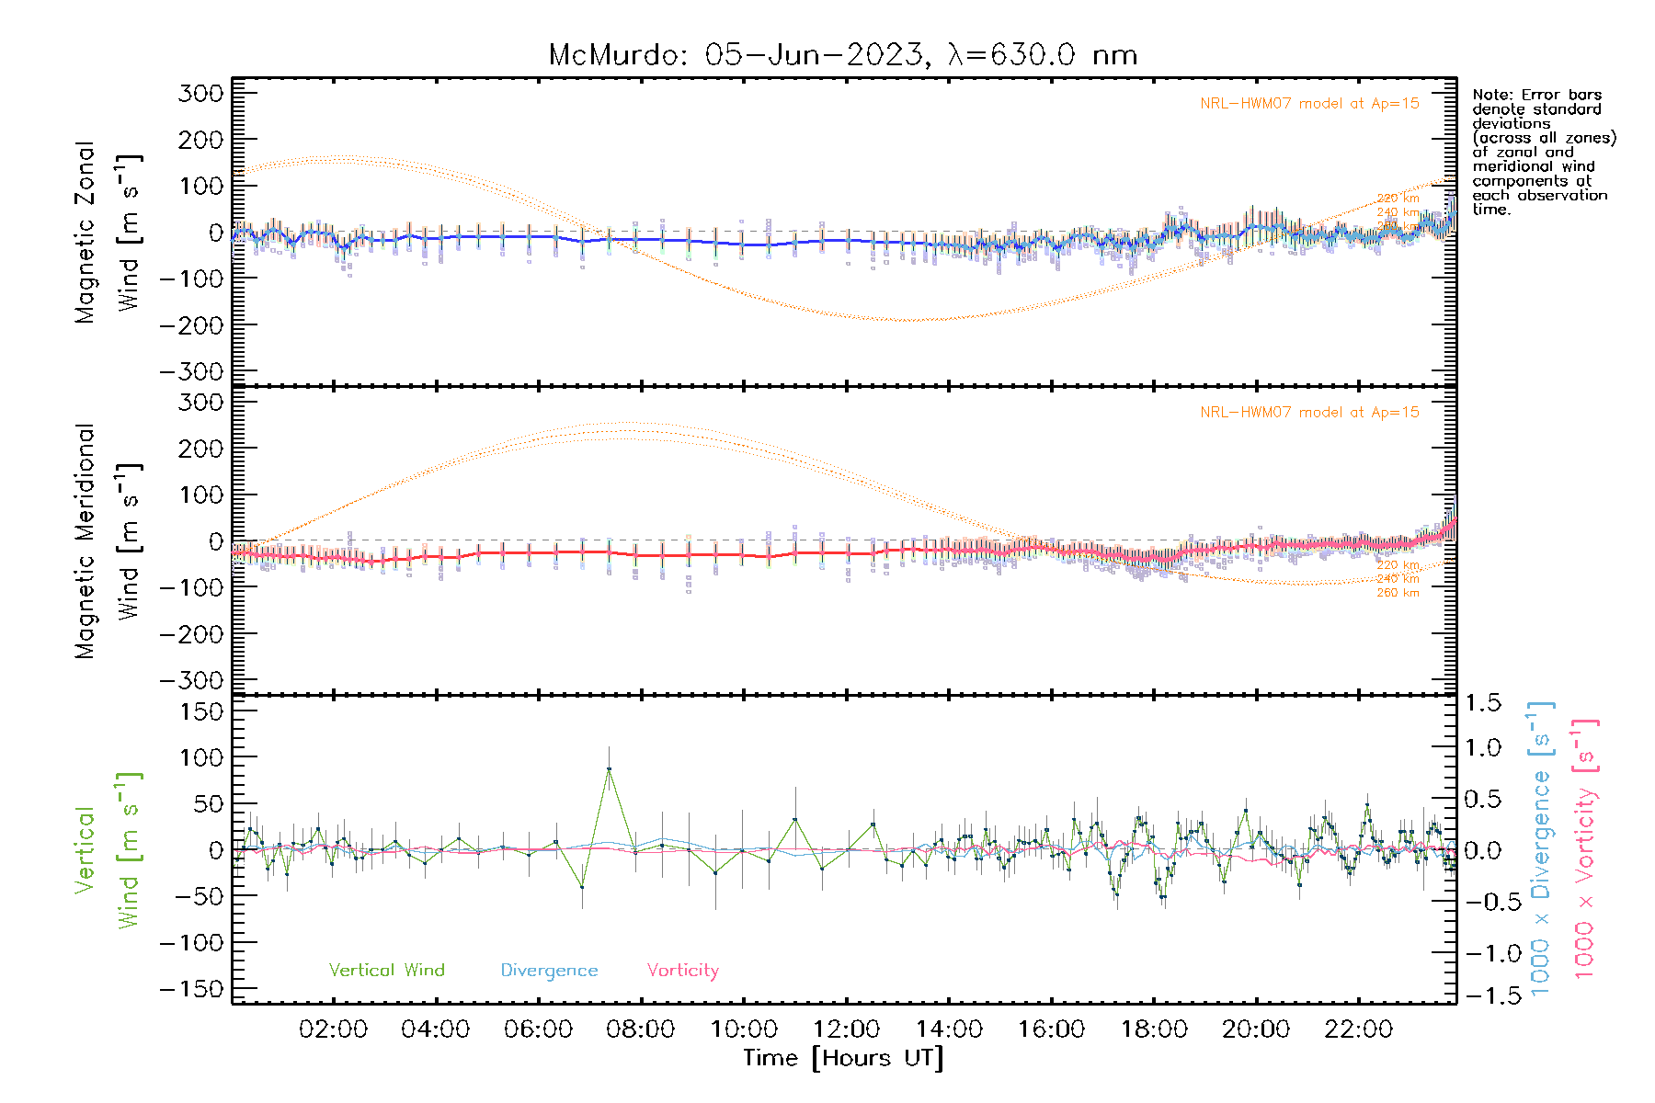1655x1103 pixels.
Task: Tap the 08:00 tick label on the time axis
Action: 641,1029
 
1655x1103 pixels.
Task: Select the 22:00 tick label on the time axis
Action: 1358,1029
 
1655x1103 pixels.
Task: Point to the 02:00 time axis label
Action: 333,1029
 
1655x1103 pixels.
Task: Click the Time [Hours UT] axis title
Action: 843,1058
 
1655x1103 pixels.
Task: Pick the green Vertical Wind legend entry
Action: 386,971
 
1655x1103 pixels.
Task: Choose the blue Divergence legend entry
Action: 549,971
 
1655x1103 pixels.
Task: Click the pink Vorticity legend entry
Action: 682,971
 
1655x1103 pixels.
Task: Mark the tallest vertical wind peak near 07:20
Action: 609,769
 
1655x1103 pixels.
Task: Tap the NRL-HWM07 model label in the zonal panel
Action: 1309,104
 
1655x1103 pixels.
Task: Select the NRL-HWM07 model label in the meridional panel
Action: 1309,413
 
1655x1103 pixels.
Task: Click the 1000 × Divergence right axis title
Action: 1541,848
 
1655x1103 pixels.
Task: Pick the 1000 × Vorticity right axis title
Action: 1584,848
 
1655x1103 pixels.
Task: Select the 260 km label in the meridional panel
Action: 1398,593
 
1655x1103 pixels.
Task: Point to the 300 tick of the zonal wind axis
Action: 201,93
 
